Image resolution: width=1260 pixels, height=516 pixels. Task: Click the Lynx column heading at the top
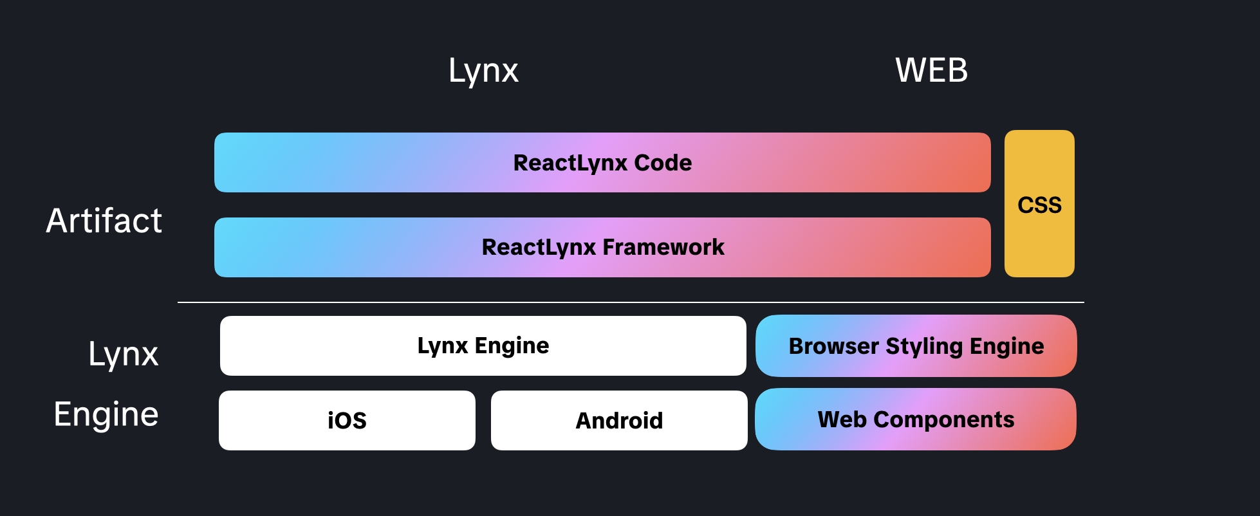[x=483, y=71]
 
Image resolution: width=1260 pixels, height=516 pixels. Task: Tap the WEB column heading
[x=931, y=70]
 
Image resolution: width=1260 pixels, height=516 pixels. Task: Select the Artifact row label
[x=104, y=221]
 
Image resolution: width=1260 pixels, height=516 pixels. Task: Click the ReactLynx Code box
[x=602, y=163]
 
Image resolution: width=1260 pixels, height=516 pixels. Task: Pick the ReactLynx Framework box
[x=602, y=248]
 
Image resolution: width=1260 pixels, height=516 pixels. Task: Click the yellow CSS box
[x=1039, y=205]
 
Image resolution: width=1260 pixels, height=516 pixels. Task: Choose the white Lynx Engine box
[x=483, y=346]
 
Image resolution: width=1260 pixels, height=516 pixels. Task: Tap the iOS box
[x=347, y=421]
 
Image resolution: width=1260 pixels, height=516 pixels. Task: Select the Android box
[x=619, y=421]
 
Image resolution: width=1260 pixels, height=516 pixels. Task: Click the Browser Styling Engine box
[x=916, y=346]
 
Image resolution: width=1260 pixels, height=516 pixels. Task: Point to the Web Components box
[x=915, y=419]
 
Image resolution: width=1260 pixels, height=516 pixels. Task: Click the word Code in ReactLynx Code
[x=663, y=163]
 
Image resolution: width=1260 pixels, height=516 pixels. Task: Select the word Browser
[x=833, y=346]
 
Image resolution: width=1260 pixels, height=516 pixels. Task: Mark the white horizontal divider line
[x=631, y=302]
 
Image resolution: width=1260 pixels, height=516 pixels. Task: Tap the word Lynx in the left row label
[x=123, y=355]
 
